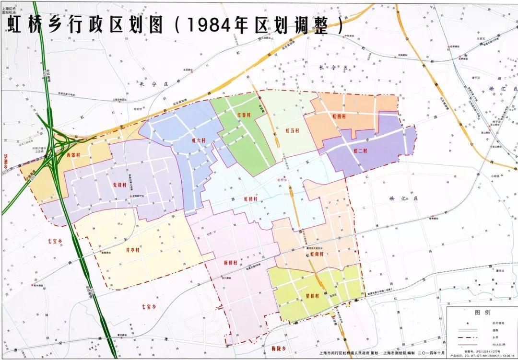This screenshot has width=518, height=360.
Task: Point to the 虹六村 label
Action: click(198, 140)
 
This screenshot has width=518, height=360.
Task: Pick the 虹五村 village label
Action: click(293, 130)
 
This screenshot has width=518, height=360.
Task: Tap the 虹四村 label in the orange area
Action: click(339, 116)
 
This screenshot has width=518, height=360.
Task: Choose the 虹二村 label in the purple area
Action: click(360, 151)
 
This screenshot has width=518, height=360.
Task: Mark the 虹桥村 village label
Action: click(251, 198)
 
